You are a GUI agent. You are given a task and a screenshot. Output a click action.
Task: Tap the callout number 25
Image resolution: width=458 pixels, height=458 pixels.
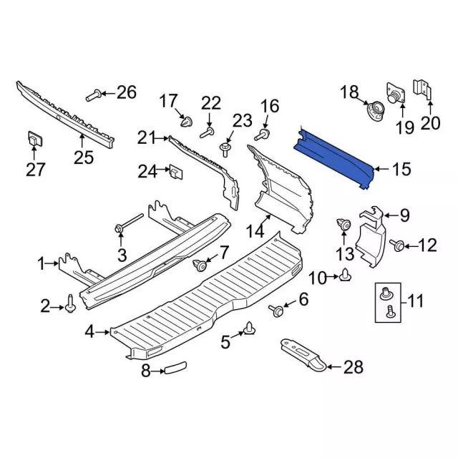pyautogui.click(x=84, y=157)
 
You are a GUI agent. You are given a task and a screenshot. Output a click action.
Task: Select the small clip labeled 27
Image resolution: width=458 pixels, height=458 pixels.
pyautogui.click(x=35, y=139)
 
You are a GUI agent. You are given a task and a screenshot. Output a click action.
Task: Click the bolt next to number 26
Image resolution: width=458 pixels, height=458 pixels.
pyautogui.click(x=94, y=95)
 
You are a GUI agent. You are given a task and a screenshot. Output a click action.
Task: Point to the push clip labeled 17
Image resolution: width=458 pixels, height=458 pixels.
pyautogui.click(x=187, y=122)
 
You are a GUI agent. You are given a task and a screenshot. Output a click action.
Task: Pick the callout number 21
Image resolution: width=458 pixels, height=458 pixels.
pyautogui.click(x=147, y=137)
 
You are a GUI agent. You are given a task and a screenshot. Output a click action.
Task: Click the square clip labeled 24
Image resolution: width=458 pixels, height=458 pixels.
pyautogui.click(x=176, y=172)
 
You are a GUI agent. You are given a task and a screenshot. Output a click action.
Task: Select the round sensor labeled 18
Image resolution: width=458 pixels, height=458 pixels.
pyautogui.click(x=376, y=112)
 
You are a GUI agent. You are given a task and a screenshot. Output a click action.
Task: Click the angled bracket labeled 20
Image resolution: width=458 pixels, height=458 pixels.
pyautogui.click(x=422, y=89)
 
